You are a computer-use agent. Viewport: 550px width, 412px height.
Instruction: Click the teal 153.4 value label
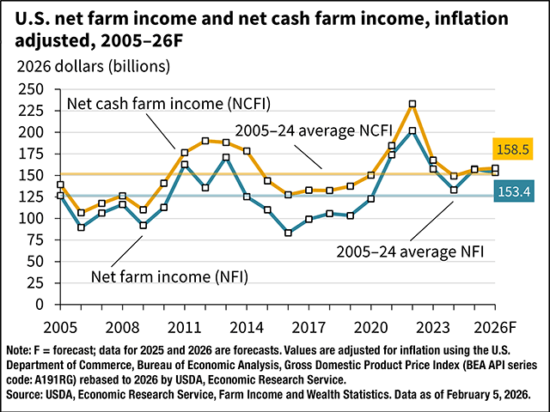tap(512, 193)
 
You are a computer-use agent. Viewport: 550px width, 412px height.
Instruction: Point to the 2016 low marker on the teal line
tap(289, 233)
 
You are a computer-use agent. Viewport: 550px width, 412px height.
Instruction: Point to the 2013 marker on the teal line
tap(227, 157)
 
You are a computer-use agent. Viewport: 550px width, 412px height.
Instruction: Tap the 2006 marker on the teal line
tap(82, 227)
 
